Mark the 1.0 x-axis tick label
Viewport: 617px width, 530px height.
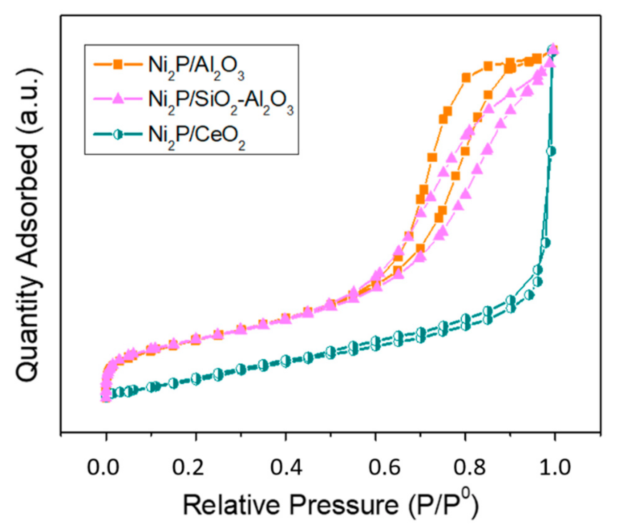pos(555,467)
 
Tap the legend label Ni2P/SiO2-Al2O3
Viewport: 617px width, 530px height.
pos(221,101)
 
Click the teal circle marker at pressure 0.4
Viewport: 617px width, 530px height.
pos(286,361)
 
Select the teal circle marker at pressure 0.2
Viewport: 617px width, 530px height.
pos(196,379)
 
